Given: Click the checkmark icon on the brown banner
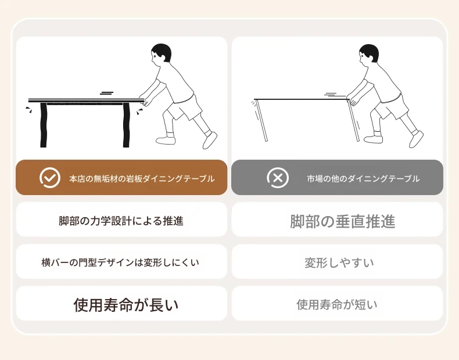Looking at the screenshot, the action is (50, 178).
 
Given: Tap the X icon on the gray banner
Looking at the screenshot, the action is (278, 178).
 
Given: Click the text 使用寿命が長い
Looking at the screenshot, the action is (126, 305).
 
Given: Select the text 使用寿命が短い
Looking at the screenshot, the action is (337, 304).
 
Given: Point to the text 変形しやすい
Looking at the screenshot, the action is (339, 262).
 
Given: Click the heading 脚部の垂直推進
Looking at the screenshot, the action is (342, 221).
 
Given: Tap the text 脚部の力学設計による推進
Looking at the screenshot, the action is (121, 221).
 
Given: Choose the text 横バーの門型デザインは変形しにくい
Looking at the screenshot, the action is (120, 262).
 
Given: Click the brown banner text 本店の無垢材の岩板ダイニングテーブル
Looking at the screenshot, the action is (142, 178).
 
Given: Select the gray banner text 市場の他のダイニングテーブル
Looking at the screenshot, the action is (363, 178).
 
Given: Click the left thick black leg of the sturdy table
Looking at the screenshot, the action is (44, 125).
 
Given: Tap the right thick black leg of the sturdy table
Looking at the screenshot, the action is (126, 125).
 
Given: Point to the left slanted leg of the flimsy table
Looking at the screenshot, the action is (262, 121).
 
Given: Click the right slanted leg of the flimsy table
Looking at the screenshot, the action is (354, 121).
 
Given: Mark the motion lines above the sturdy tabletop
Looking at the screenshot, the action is (107, 93).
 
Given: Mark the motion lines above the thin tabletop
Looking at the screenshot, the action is (331, 94).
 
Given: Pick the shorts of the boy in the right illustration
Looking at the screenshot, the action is (391, 107).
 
